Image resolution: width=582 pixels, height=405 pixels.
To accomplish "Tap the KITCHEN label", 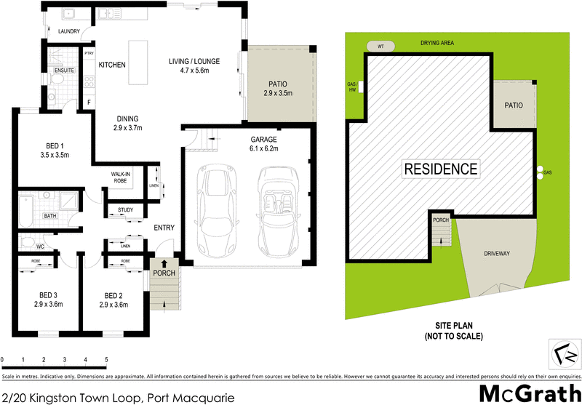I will pos(113,65).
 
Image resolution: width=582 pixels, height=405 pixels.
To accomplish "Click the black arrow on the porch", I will pos(164,263).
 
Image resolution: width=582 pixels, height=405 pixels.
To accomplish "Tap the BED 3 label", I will pos(48,294).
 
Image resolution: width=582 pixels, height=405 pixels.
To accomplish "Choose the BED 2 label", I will pos(113,294).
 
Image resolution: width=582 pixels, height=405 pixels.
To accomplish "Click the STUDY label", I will pos(125,211).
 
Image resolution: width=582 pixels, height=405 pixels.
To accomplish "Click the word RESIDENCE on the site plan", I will pos(441,169).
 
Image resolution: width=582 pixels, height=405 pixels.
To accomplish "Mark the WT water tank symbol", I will pos(380,46).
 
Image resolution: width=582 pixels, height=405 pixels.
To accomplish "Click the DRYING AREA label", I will pos(437,44).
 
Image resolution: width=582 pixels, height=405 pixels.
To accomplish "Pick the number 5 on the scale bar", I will pos(106,360).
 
